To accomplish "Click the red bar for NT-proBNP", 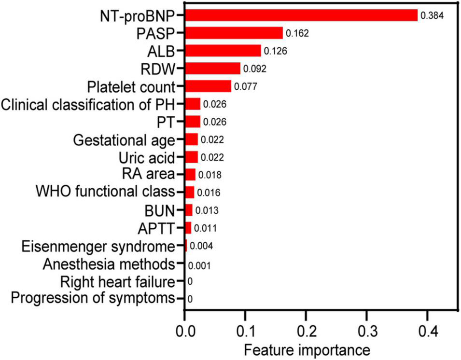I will (x=301, y=15).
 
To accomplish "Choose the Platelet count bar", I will (x=208, y=86).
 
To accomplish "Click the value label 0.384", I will (x=432, y=16).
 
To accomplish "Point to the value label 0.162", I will (x=297, y=34).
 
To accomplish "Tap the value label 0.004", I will (x=200, y=246).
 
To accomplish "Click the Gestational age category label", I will (x=123, y=140).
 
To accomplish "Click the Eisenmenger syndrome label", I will (x=98, y=246).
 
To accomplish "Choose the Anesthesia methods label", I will (x=108, y=264).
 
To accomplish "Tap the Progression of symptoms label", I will (x=92, y=299).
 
